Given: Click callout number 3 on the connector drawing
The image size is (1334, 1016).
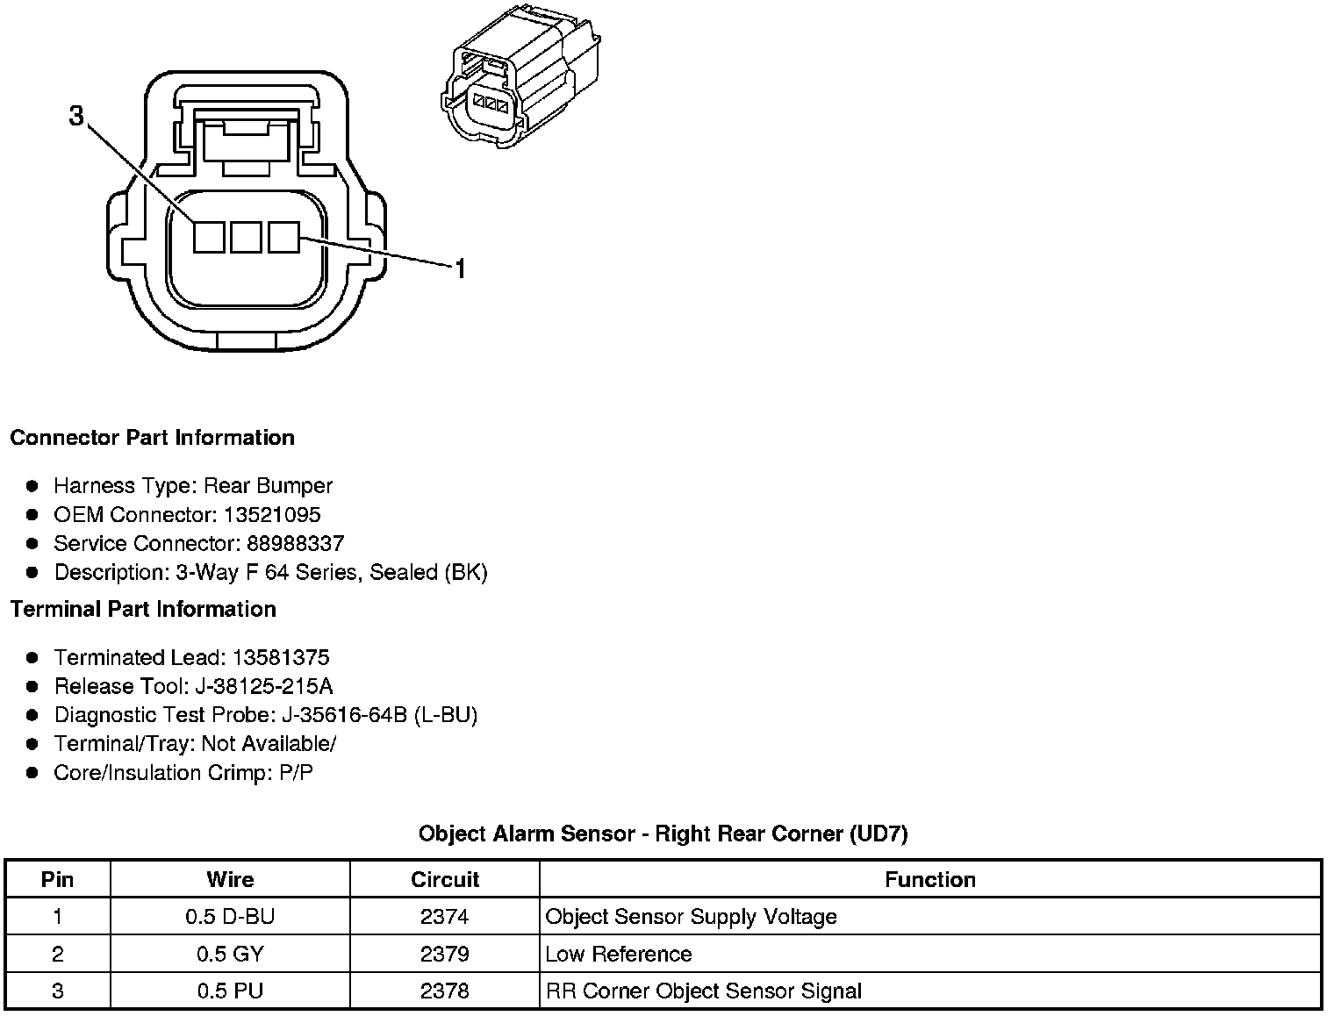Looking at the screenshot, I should [76, 115].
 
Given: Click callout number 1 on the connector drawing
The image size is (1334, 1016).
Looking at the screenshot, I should [459, 268].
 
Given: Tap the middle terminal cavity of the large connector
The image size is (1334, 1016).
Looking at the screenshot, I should [246, 237].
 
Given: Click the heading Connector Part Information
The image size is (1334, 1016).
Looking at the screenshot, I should [152, 438].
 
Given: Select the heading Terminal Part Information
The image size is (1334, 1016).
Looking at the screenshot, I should [143, 610].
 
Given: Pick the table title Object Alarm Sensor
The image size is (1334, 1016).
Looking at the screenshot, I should [663, 834].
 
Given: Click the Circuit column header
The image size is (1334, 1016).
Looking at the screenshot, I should [445, 880].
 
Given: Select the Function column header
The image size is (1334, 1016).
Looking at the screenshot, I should [929, 880].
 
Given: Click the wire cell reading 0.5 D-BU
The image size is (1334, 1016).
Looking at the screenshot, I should [230, 918].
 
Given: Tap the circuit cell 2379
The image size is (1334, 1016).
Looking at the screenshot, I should [445, 955].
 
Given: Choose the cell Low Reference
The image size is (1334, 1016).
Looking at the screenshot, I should [619, 955].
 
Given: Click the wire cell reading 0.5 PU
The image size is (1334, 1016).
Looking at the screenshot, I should [230, 991].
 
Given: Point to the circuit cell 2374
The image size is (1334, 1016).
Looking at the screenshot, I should [445, 918].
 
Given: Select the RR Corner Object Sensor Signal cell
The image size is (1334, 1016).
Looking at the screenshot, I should [703, 991].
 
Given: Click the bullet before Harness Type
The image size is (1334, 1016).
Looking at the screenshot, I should [32, 486].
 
